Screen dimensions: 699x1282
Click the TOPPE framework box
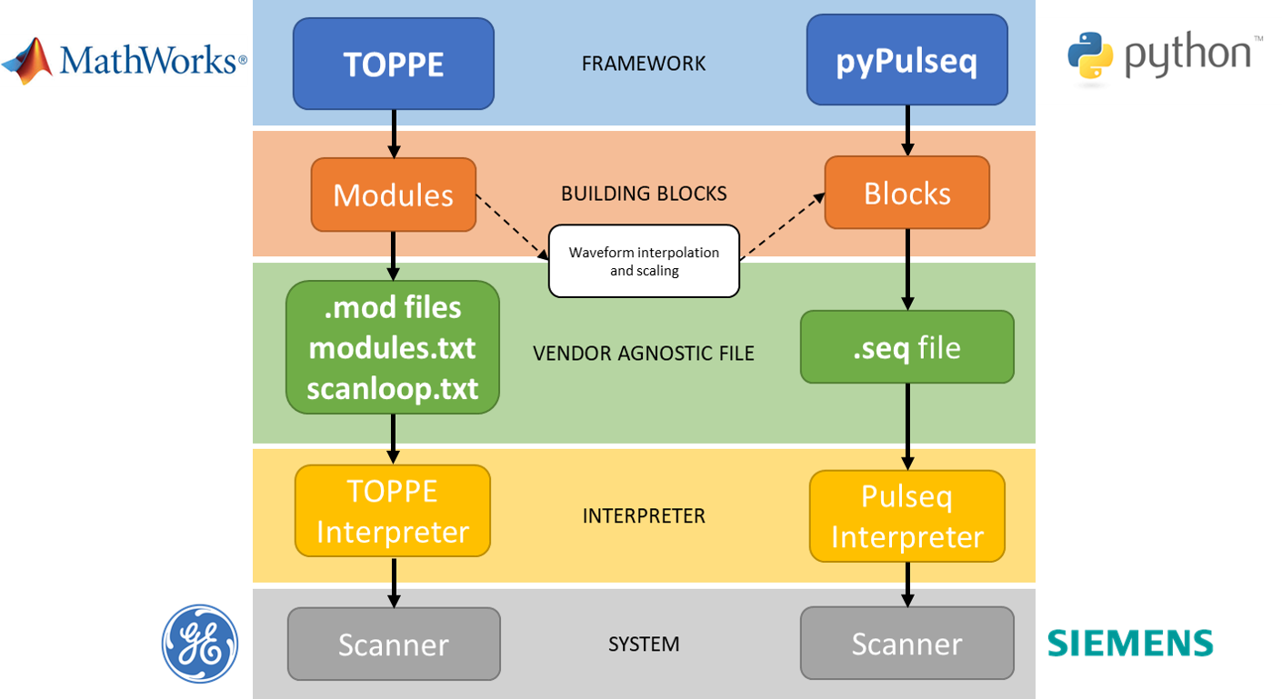[x=393, y=64]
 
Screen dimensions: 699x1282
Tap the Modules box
[x=393, y=195]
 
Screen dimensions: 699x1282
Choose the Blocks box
[x=906, y=193]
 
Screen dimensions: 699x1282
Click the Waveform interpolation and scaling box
[x=644, y=261]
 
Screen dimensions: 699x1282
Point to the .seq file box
[x=906, y=347]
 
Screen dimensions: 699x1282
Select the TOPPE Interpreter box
[x=393, y=511]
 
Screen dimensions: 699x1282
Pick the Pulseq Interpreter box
[x=906, y=516]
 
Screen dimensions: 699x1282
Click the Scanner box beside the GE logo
[x=394, y=644]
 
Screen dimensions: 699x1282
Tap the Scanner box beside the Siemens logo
[x=906, y=644]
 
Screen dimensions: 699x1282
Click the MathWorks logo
[x=125, y=60]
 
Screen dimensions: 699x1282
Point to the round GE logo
[x=200, y=644]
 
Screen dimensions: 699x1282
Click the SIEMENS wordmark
[x=1130, y=644]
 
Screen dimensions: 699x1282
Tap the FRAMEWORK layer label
[x=644, y=64]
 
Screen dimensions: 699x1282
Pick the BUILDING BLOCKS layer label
[x=644, y=194]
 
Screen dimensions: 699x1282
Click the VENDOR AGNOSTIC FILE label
[x=644, y=353]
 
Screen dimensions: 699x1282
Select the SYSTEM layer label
[x=644, y=644]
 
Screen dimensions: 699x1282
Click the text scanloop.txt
[x=393, y=389]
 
